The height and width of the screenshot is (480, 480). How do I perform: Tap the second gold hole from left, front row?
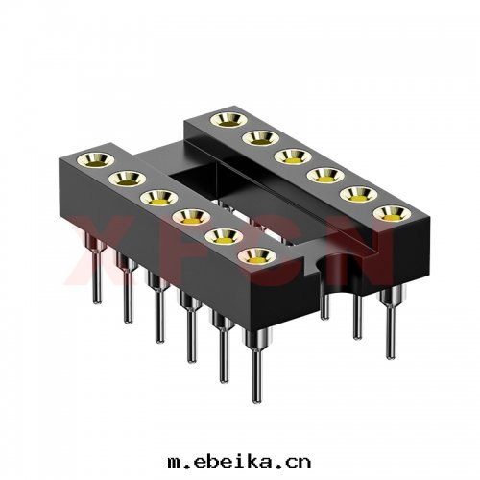click(x=126, y=177)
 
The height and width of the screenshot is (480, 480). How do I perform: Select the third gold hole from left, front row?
click(x=156, y=197)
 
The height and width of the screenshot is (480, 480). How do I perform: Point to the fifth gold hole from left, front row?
click(x=219, y=236)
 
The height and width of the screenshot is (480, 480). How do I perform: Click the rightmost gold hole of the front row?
click(x=252, y=256)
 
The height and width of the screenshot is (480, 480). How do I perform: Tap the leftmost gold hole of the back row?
click(x=228, y=119)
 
